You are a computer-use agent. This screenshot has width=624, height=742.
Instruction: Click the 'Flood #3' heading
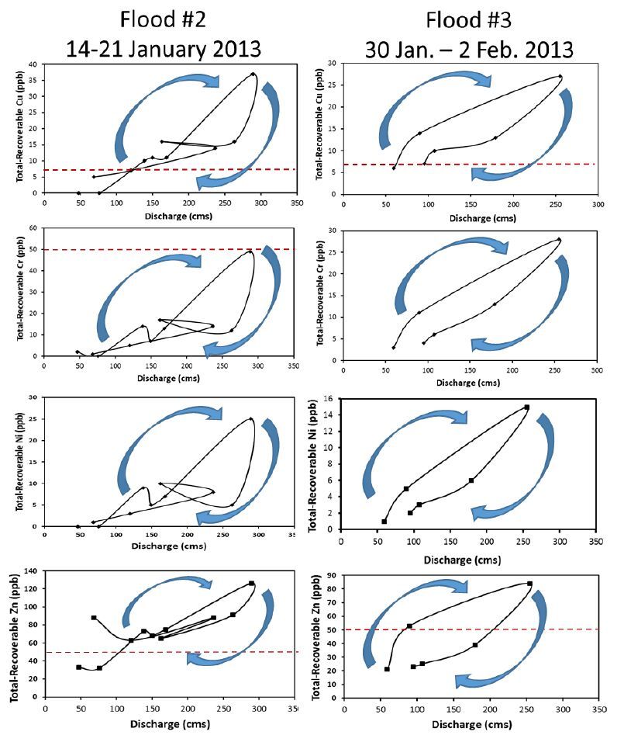tap(470, 17)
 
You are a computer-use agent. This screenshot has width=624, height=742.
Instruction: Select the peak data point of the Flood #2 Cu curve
tap(253, 75)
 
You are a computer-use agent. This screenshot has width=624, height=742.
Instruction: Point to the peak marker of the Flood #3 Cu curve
tap(560, 76)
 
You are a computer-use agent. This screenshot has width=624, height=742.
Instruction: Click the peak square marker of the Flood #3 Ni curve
tap(527, 407)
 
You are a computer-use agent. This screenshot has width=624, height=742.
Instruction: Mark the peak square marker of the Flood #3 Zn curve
tap(529, 584)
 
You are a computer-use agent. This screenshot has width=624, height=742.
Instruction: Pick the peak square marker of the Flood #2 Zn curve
tap(251, 583)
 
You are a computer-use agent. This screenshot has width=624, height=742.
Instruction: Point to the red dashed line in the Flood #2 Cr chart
tap(155, 249)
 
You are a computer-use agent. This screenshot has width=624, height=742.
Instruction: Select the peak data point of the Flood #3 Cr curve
tap(559, 239)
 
